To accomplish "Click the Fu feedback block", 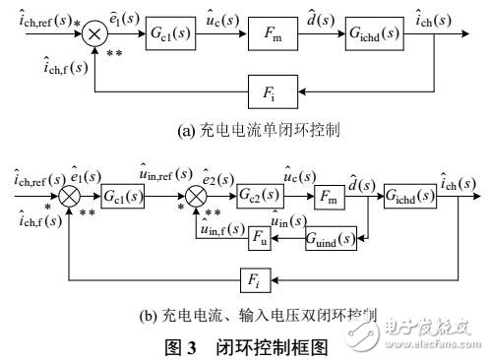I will (260, 236).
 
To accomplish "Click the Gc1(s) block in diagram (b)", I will (122, 191).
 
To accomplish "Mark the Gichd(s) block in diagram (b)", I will (411, 190).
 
